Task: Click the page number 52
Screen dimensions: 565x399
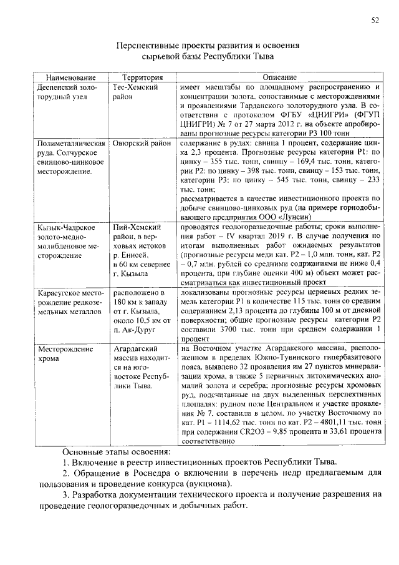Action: point(375,20)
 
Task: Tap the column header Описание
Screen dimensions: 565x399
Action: point(279,77)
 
